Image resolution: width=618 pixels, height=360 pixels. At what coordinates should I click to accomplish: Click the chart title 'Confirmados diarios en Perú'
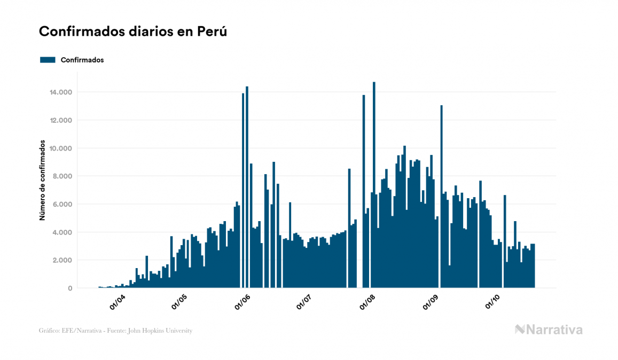point(133,32)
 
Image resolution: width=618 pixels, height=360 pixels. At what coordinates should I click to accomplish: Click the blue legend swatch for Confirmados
point(48,60)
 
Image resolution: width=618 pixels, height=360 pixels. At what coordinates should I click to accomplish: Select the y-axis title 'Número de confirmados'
point(42,182)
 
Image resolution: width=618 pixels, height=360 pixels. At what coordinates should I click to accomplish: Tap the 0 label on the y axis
point(70,288)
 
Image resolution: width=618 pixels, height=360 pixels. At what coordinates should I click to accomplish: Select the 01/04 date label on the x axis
point(117,302)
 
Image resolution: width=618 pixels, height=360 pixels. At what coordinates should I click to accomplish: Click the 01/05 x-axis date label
point(179,302)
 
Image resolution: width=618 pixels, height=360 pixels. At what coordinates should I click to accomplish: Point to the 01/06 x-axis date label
point(242,302)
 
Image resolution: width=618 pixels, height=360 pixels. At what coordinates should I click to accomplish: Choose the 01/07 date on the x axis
point(304,302)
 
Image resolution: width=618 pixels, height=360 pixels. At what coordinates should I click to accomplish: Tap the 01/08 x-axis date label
point(368,302)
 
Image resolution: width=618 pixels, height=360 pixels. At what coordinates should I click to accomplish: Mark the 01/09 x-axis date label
point(431,302)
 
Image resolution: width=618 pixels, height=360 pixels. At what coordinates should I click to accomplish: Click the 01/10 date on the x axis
point(492,302)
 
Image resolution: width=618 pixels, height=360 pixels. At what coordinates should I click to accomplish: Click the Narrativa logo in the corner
point(549,330)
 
